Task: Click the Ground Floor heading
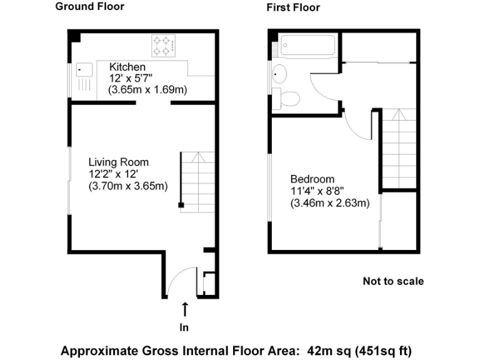tap(89, 7)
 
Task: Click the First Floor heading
tap(293, 7)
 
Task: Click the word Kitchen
tap(127, 67)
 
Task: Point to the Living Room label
tap(118, 162)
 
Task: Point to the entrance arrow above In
tap(185, 309)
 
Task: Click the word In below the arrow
tap(184, 327)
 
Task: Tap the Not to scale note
tap(393, 281)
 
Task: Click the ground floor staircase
tap(198, 182)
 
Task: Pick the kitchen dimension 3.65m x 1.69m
tap(148, 90)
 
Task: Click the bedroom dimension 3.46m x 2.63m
tap(329, 202)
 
